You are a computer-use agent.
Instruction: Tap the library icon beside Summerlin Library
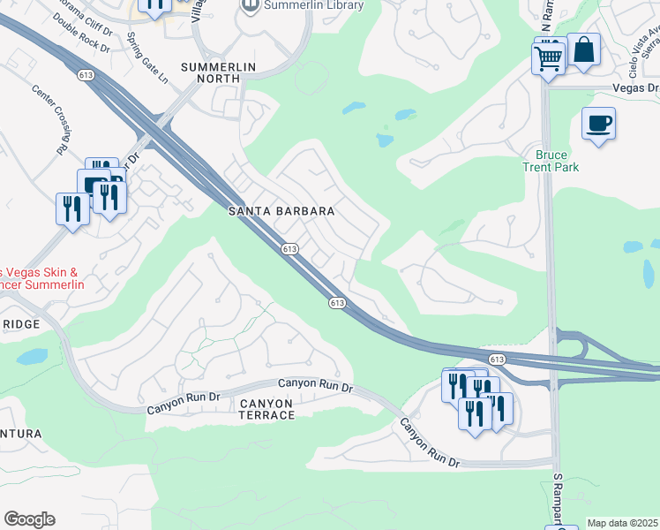250,6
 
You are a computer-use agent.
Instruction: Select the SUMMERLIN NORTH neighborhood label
211,73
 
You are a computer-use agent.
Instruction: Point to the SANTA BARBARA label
281,212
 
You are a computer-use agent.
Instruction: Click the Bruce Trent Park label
551,161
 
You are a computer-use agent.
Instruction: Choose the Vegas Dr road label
635,89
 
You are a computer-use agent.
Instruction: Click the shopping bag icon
583,49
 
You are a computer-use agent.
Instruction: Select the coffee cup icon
598,123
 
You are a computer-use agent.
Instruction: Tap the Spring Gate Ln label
148,55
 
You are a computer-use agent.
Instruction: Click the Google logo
29,519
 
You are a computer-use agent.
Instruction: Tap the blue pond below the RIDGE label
32,357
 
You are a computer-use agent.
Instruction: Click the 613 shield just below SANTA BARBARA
290,250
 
